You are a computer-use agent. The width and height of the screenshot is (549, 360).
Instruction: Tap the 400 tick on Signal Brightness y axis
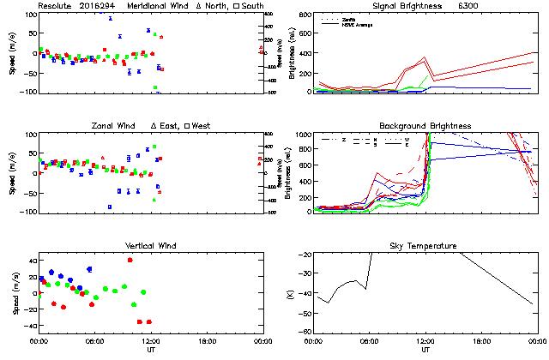pos(304,15)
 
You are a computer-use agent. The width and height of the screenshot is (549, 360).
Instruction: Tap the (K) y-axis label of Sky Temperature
pos(288,294)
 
